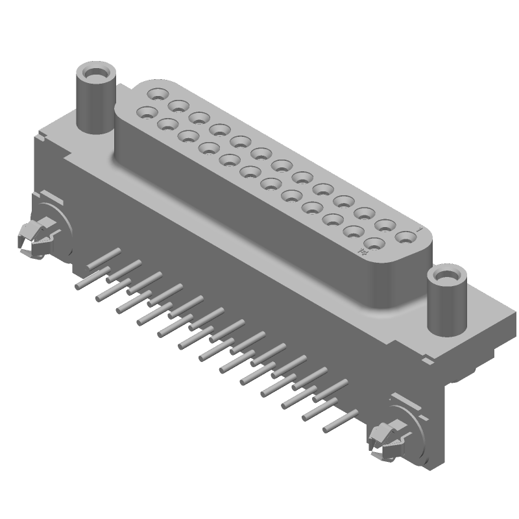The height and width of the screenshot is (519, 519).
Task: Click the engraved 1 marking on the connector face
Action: click(420, 230)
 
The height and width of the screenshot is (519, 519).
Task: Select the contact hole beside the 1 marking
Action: click(405, 237)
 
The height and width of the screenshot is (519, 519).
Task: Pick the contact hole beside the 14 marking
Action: click(374, 246)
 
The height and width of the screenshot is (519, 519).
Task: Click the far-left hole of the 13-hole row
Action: click(156, 94)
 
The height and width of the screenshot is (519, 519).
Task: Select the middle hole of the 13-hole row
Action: click(281, 165)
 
